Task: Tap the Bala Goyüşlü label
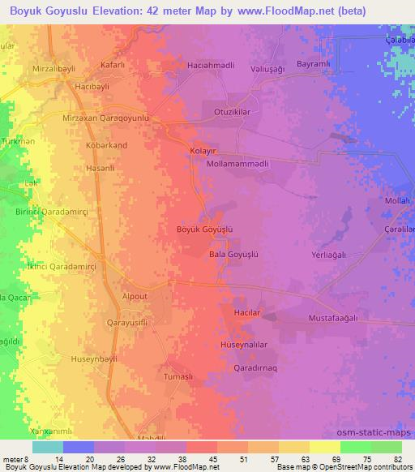(233, 254)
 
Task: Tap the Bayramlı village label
(315, 63)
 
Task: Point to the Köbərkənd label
(106, 145)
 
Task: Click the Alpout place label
(135, 297)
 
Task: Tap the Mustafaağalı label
(332, 319)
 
